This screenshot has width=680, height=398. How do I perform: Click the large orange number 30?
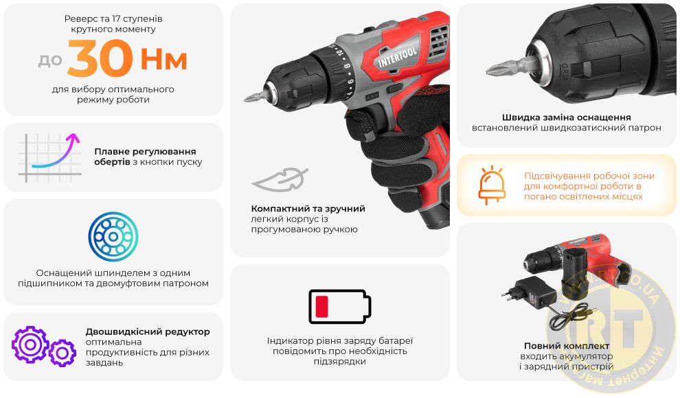click(x=100, y=58)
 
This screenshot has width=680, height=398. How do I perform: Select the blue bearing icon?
click(x=113, y=237)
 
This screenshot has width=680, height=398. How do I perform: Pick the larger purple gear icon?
click(x=30, y=344)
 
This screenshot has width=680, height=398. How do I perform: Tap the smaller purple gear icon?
click(x=63, y=353)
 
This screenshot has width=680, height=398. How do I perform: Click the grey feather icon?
click(x=280, y=179)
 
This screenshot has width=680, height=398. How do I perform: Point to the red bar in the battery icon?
click(x=321, y=307)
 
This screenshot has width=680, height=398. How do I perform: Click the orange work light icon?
click(x=492, y=185)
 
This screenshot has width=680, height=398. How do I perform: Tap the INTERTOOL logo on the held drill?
click(x=397, y=58)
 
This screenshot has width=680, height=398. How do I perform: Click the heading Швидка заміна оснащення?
click(x=567, y=117)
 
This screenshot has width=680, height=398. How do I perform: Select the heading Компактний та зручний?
click(x=308, y=209)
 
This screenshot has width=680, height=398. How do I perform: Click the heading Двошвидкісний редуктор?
click(x=148, y=331)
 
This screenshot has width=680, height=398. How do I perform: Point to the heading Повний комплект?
click(x=567, y=346)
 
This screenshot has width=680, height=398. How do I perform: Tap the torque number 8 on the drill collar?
click(x=347, y=67)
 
